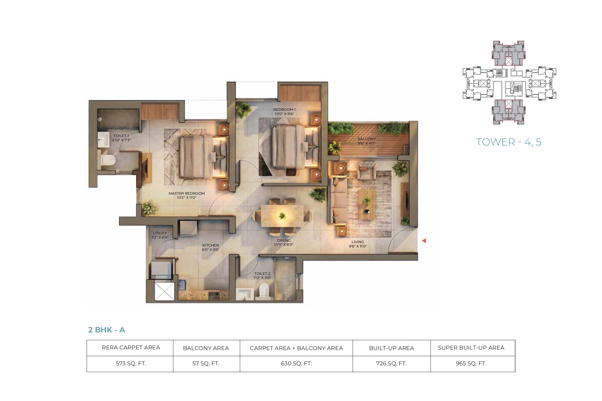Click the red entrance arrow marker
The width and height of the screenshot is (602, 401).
point(424,241)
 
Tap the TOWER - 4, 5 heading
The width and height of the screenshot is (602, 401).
point(508,142)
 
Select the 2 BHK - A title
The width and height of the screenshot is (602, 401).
point(107,330)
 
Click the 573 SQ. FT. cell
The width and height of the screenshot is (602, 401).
point(131,363)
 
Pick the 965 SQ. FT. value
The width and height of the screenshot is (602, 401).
point(471,363)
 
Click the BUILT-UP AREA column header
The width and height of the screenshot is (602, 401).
point(391,348)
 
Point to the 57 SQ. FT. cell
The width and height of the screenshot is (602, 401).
point(206,363)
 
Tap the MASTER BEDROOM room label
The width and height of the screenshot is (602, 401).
point(187,195)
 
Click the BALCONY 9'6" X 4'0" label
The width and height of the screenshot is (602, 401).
point(367,141)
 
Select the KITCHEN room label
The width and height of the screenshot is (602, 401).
point(210,247)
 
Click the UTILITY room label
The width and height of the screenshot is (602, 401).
point(160,235)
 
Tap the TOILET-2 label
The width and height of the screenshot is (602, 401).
point(262,276)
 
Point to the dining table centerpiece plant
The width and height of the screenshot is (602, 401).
point(282,216)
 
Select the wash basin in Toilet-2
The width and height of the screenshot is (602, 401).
point(244,294)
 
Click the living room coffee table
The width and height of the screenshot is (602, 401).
point(367,205)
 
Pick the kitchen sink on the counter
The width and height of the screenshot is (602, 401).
point(182,285)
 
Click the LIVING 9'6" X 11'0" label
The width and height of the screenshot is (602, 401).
point(358,244)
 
